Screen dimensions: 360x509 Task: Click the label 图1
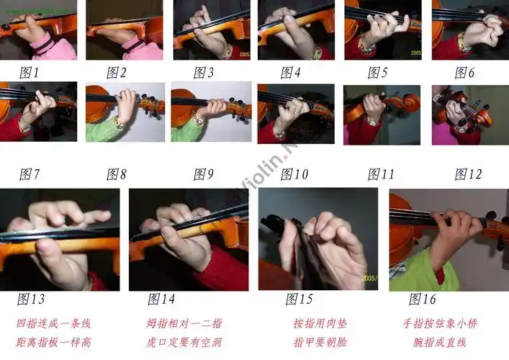[x=30, y=72]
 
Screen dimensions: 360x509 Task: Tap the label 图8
[x=117, y=174]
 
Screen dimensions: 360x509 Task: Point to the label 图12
[x=468, y=174]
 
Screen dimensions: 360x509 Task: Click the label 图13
[x=31, y=299]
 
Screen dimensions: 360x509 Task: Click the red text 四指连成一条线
[x=53, y=323]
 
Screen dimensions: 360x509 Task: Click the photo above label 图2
[x=124, y=30]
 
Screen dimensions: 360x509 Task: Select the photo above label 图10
[x=296, y=113]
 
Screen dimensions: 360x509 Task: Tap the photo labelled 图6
[x=470, y=30]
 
